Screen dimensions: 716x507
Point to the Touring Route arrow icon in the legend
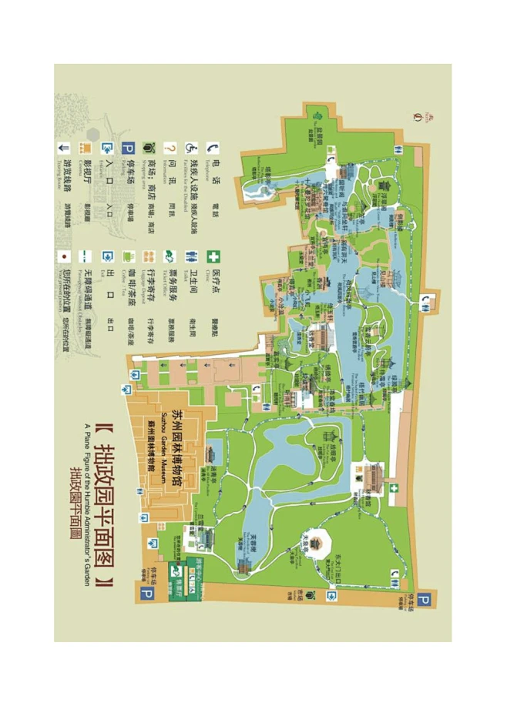point(64,148)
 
